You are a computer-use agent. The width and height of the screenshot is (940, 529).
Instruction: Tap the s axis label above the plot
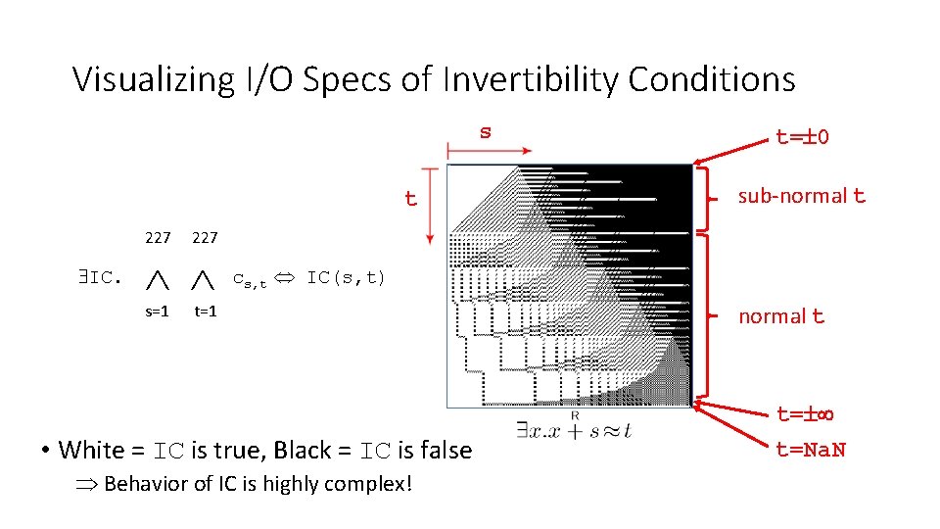point(485,131)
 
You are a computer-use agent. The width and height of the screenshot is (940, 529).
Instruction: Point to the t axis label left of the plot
point(411,199)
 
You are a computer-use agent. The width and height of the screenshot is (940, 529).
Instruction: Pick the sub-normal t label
point(801,196)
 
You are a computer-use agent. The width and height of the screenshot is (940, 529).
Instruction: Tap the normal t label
point(780,316)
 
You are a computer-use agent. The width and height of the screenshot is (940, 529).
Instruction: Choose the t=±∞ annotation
point(803,414)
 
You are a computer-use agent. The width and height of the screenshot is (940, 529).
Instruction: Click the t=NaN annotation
point(810,450)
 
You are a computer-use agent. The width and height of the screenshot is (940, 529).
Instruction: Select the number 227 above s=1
point(157,237)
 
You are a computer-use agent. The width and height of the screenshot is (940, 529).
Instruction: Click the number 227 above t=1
point(205,237)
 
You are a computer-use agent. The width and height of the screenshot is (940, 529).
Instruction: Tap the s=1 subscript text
point(157,312)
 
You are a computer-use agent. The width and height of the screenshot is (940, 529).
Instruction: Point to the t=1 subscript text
point(205,312)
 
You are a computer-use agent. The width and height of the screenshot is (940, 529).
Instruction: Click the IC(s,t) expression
point(346,277)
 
